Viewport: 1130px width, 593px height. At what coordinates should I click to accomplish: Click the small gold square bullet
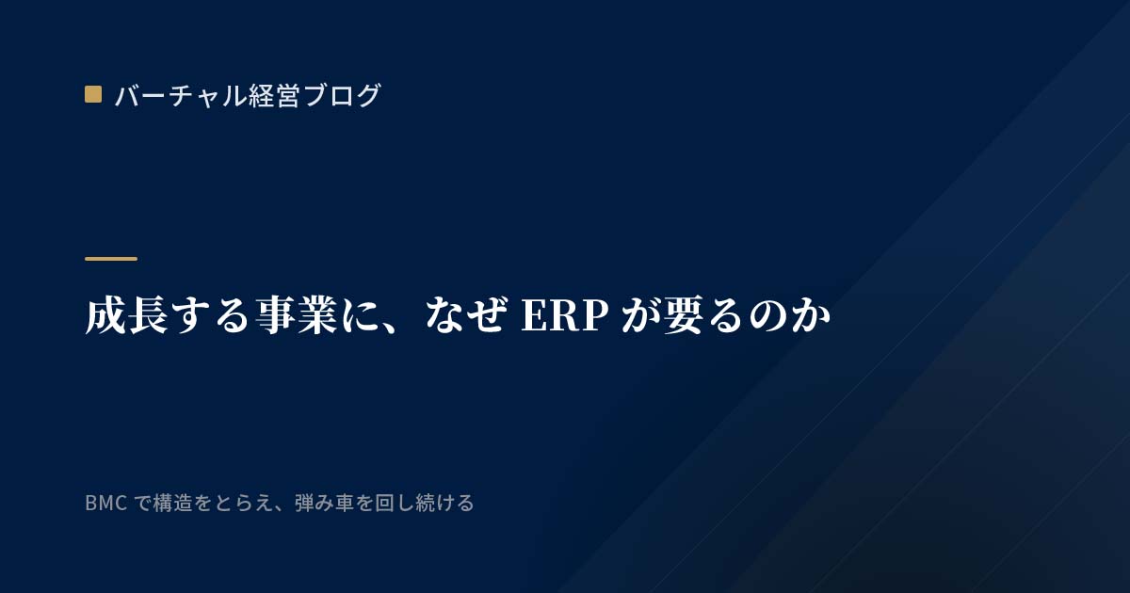[x=93, y=94]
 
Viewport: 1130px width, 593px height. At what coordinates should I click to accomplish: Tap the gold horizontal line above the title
[x=111, y=259]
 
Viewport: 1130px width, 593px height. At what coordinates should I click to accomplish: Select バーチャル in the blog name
[x=181, y=95]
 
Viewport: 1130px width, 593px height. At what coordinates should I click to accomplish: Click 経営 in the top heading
[x=274, y=95]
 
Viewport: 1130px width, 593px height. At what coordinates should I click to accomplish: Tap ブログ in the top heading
[x=342, y=95]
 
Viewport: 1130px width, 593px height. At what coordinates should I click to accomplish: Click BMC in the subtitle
[x=105, y=504]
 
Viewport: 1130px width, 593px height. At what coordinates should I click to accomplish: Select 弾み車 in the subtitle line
[x=324, y=503]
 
